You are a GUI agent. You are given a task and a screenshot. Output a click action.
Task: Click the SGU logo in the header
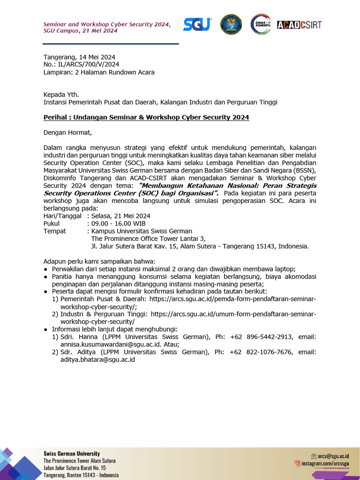click(x=197, y=24)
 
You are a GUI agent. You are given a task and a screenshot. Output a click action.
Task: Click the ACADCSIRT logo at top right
click(x=299, y=25)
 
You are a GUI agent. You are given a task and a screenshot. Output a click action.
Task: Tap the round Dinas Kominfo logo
click(x=262, y=24)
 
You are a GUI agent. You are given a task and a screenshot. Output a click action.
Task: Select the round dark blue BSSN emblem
click(x=231, y=24)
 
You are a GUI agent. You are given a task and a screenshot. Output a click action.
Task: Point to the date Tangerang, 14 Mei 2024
click(x=79, y=57)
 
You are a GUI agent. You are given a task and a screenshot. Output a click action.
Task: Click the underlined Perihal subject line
click(x=146, y=117)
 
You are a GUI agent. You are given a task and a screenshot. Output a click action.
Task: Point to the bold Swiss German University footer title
click(x=72, y=453)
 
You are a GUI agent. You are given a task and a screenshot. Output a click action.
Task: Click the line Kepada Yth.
click(x=61, y=94)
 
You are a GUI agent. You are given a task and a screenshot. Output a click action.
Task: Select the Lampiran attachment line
click(x=99, y=72)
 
